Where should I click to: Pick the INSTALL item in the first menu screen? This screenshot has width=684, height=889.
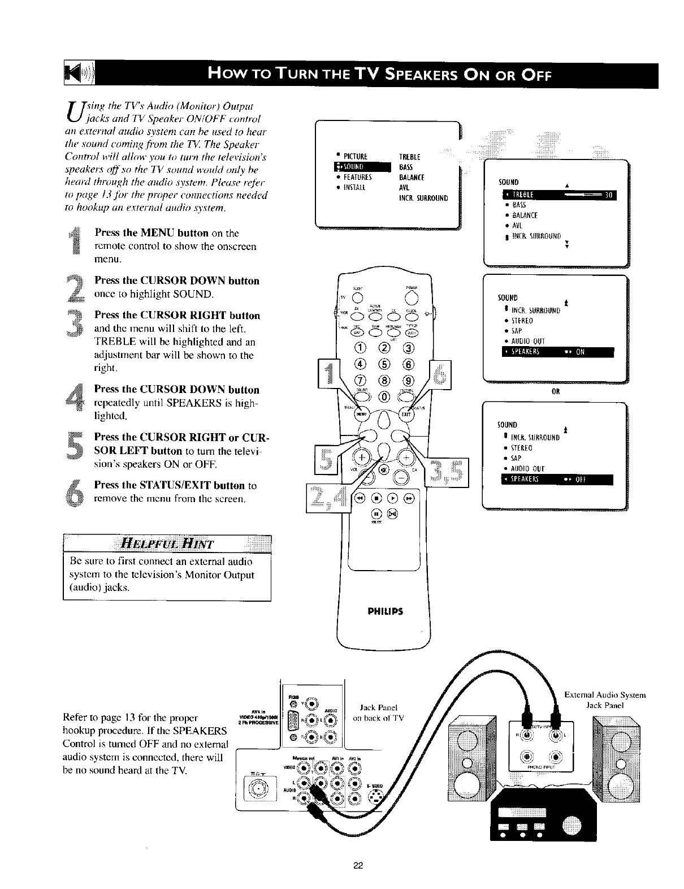356,188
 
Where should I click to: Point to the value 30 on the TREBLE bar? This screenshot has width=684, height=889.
608,196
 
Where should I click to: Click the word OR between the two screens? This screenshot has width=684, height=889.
555,391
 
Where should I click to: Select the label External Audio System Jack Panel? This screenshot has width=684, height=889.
605,700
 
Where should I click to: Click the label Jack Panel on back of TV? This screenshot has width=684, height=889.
379,713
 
